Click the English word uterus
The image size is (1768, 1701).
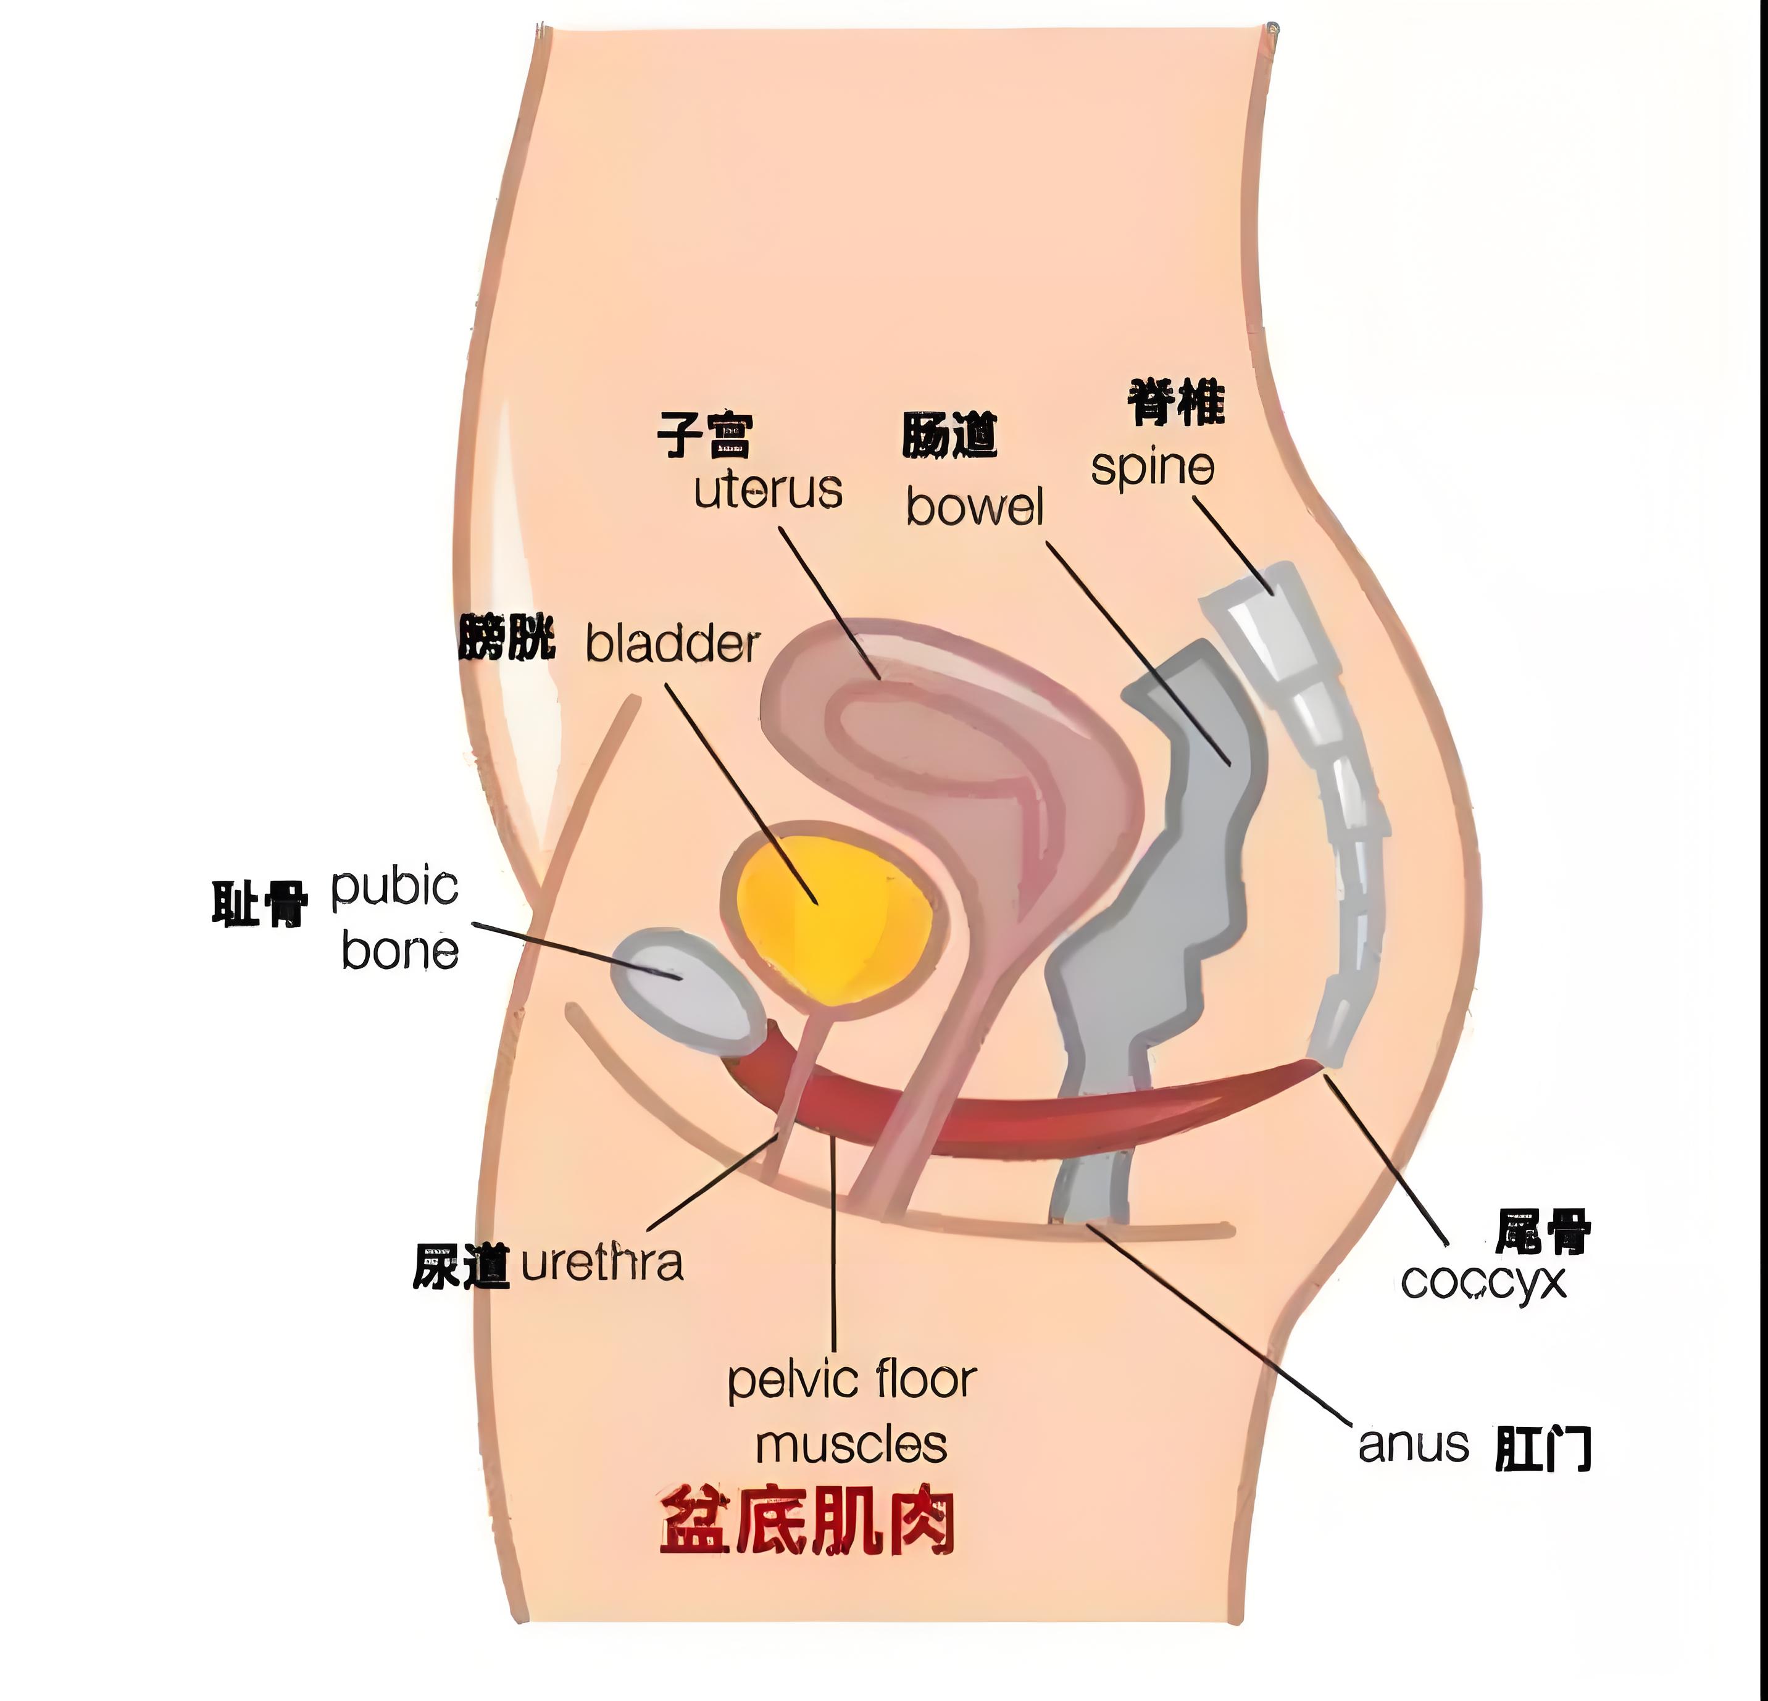click(768, 491)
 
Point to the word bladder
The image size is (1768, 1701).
click(672, 644)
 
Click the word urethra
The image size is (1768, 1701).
click(602, 1263)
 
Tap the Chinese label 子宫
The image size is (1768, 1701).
click(704, 436)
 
